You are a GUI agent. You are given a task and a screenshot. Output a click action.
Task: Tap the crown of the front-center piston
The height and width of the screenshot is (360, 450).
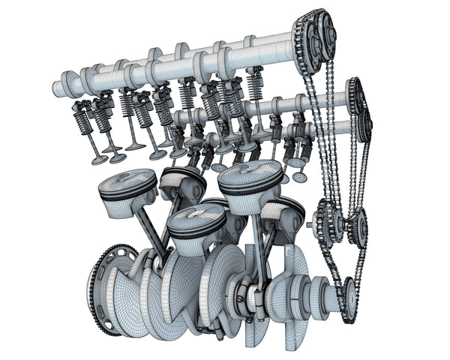(x=196, y=215)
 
